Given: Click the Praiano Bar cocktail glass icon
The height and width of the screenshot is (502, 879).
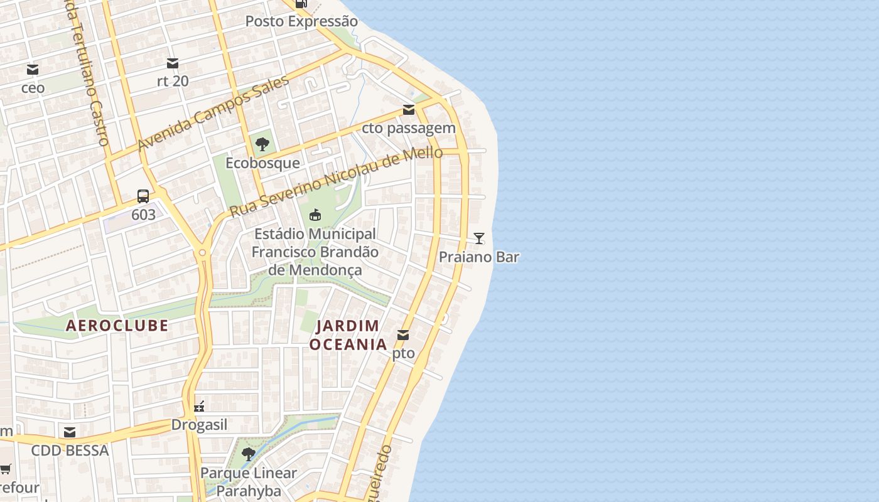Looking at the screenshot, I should (479, 238).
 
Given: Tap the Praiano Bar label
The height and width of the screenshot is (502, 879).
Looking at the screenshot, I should (479, 257).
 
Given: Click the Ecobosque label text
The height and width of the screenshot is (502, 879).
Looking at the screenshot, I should (262, 163).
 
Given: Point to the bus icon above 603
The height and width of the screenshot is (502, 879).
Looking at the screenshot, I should (143, 196).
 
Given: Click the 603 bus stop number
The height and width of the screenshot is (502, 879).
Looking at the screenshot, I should (143, 215).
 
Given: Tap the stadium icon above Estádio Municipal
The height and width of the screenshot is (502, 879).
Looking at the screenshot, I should (315, 215).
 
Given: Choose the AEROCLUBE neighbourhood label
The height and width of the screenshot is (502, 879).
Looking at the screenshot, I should (117, 326).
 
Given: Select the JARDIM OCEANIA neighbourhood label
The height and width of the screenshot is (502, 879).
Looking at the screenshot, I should (348, 335).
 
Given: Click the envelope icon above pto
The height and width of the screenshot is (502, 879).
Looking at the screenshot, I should (403, 335).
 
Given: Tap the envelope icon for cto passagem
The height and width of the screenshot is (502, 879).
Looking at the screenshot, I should (409, 110).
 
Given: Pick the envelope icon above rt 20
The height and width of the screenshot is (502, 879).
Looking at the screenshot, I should (173, 63).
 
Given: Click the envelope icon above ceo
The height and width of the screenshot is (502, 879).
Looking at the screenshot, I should (33, 70).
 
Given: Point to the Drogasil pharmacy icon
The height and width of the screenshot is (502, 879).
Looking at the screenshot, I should (200, 407).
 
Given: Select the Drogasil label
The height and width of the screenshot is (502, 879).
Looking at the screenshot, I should (200, 425).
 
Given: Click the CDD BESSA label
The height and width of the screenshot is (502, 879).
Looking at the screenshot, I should (70, 451).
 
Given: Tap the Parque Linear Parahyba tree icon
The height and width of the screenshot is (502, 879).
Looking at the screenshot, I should (249, 454).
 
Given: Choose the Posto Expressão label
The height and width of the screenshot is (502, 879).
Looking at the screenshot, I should (301, 21).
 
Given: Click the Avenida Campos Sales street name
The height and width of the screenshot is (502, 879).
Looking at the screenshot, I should (213, 114).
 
